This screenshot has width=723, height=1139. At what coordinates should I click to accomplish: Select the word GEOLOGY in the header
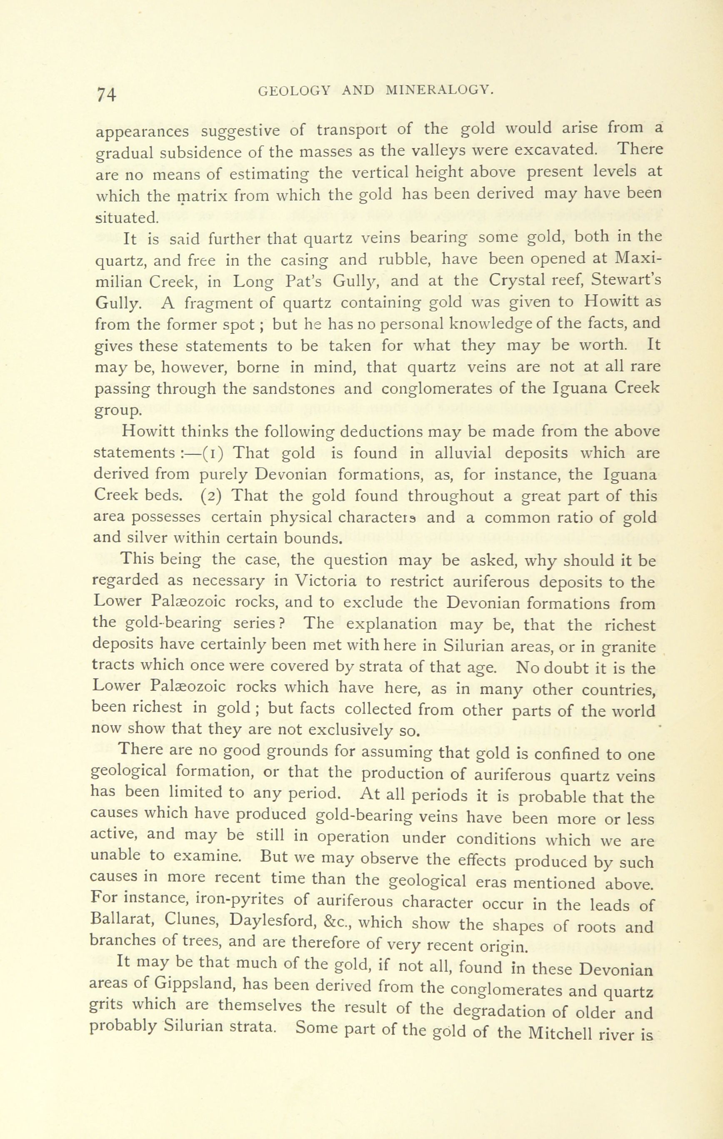coord(297,90)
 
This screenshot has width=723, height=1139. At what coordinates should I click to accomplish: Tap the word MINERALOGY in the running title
coord(440,90)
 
